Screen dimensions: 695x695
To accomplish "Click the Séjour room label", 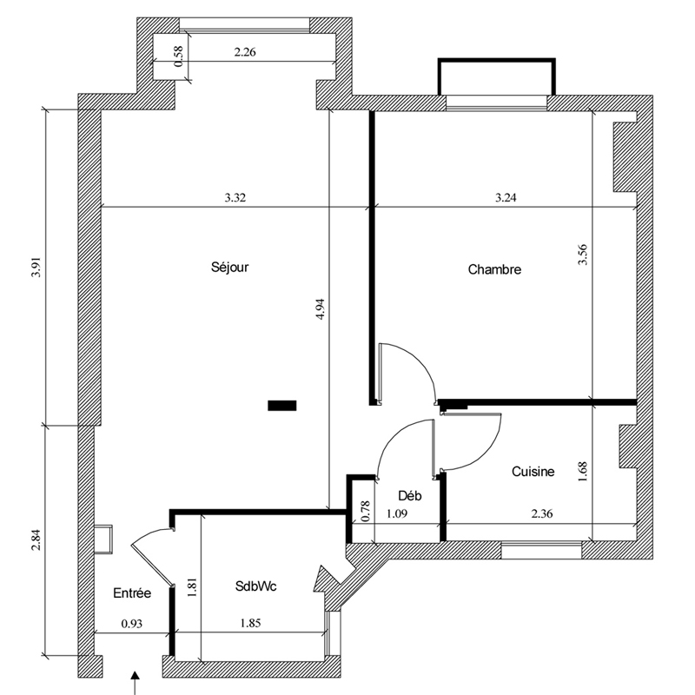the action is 229,268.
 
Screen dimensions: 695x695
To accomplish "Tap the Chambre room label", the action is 494,269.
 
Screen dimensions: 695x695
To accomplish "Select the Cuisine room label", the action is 533,471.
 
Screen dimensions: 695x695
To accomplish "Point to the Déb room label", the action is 409,495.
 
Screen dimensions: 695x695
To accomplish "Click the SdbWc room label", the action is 255,586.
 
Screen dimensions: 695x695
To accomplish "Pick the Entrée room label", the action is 132,593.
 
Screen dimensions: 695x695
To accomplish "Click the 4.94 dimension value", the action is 321,309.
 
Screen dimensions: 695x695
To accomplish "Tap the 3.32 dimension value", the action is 235,198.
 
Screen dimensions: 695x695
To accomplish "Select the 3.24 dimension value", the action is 506,198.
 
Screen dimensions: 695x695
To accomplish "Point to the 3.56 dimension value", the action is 582,255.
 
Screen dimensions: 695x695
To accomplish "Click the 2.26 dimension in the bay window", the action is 245,52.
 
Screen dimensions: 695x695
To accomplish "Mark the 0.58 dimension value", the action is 179,56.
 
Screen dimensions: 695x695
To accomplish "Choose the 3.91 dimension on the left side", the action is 36,268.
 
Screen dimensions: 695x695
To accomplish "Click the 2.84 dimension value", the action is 36,540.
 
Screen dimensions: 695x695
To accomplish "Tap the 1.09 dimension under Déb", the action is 397,514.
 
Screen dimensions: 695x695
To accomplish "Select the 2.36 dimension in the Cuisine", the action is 541,514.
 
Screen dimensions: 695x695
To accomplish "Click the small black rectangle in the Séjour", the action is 281,405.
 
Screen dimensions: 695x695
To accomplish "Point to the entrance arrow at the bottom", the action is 136,684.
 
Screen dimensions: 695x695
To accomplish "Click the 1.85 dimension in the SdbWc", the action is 250,623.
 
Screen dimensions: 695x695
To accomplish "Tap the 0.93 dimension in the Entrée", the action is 132,624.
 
